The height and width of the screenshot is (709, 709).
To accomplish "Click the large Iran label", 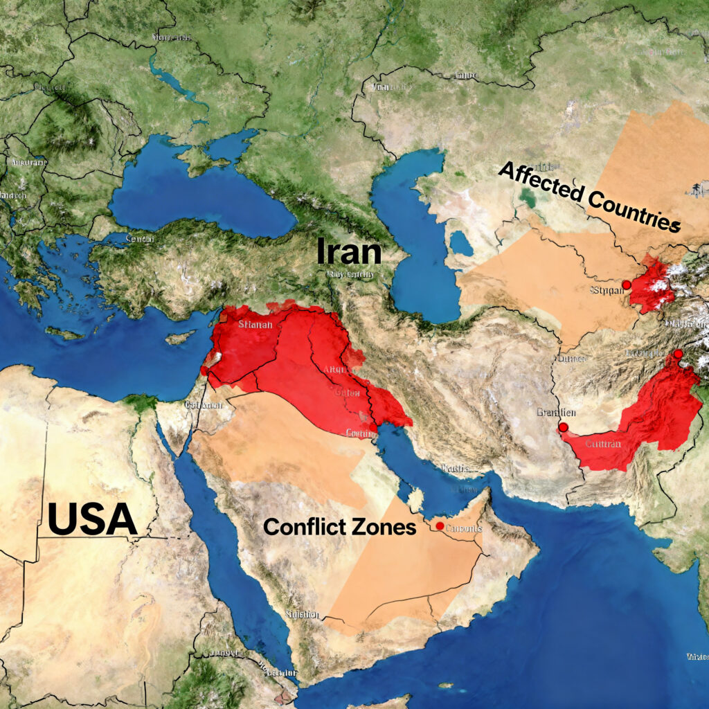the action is point(349,252).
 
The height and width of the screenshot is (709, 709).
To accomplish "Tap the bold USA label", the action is point(92,519).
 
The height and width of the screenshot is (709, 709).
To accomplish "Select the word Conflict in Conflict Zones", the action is point(303,527).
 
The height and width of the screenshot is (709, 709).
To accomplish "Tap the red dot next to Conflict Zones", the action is point(440,526).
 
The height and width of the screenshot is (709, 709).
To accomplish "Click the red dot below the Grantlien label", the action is point(564,427).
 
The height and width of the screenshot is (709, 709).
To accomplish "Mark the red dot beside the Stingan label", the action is point(626,285).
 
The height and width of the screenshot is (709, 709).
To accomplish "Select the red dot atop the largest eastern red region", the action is point(678,354).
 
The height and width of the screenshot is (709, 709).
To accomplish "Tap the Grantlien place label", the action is point(557,413).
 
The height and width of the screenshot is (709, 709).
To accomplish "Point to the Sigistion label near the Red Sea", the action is point(302,614).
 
